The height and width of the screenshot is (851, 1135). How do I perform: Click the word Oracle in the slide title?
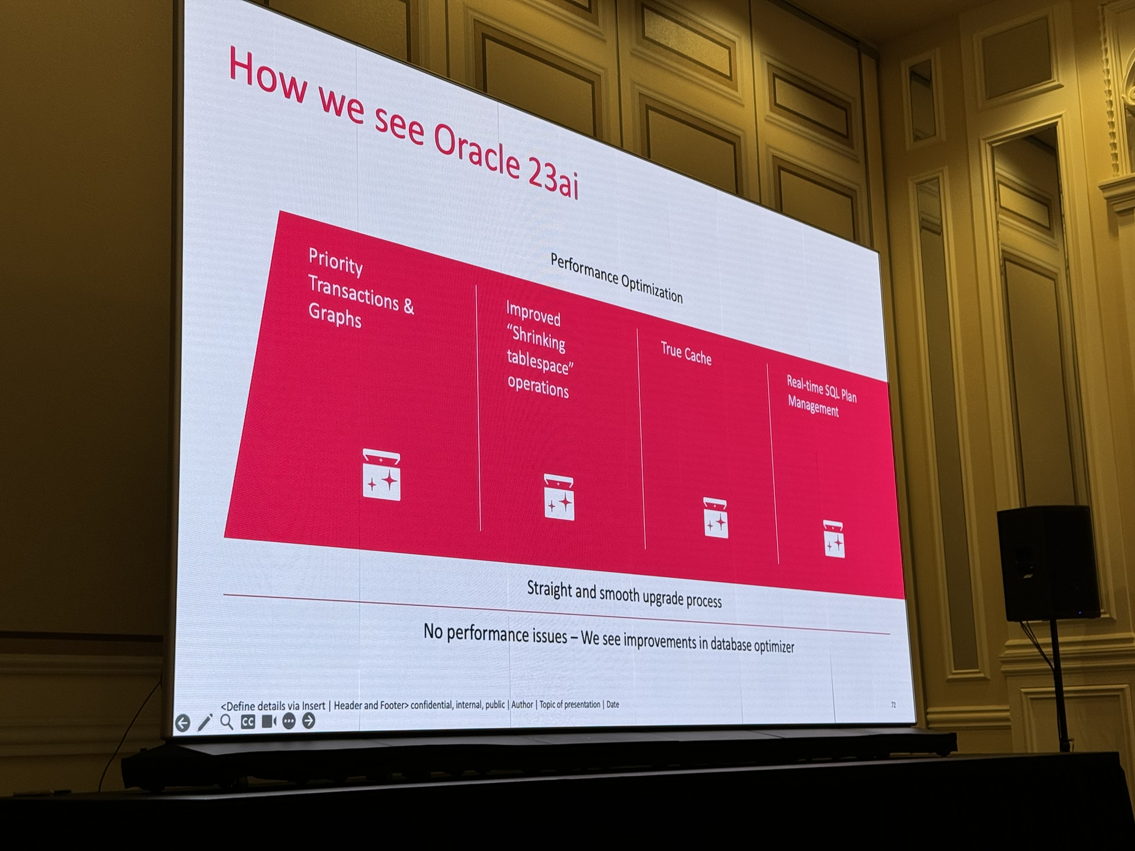[x=475, y=147]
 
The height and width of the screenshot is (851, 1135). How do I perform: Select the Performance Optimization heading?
[x=616, y=278]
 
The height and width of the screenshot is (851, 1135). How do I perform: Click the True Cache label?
[x=686, y=353]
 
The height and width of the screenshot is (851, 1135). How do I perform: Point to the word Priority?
[x=335, y=262]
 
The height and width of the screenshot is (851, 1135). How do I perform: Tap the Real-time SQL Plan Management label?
[x=821, y=396]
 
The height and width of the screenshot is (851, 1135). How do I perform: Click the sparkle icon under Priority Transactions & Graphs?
[x=381, y=475]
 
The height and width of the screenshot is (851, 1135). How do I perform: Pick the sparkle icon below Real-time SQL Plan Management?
[x=834, y=539]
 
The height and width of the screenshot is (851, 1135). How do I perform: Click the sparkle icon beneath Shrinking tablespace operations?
[x=559, y=497]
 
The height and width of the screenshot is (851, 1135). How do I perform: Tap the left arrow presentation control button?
[x=182, y=723]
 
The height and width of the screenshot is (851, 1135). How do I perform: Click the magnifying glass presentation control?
[x=227, y=722]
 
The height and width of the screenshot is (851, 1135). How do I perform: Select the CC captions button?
[x=248, y=722]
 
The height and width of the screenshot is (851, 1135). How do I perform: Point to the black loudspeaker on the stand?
[x=1047, y=562]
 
